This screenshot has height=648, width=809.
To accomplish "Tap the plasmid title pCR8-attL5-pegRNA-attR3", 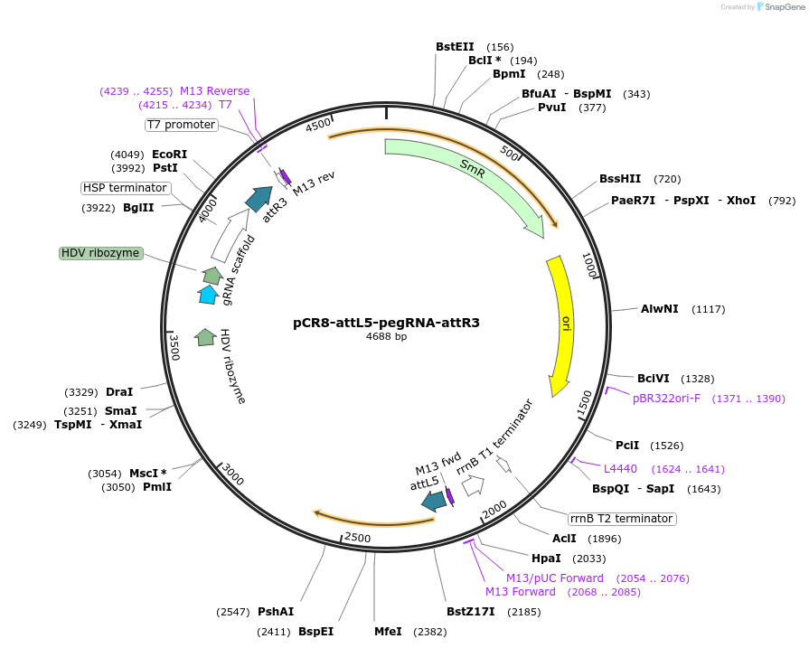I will [386, 322].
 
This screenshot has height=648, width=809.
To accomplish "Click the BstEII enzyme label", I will [455, 47].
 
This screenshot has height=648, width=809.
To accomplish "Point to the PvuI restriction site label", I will [551, 108].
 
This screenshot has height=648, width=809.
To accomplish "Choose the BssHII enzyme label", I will [620, 179].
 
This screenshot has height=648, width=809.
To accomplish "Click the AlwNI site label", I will [659, 309].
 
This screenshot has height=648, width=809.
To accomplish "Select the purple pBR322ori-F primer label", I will [666, 399].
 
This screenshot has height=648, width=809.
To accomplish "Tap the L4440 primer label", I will [620, 469].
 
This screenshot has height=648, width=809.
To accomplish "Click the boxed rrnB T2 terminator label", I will [622, 519].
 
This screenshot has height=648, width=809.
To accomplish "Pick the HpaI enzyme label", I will [546, 559].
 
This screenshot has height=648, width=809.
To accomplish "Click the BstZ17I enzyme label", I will [470, 612].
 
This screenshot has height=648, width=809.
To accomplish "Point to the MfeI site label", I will [388, 632].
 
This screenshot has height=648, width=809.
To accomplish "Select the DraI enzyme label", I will [119, 392].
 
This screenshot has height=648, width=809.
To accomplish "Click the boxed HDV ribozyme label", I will [100, 253].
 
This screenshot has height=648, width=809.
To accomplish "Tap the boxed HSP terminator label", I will [125, 188].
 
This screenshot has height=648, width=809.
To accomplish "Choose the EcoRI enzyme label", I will [169, 155].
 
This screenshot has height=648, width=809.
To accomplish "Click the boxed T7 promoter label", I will [182, 125].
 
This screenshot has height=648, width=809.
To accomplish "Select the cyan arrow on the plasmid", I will [208, 294].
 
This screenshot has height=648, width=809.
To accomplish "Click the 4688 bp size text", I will [386, 336].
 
